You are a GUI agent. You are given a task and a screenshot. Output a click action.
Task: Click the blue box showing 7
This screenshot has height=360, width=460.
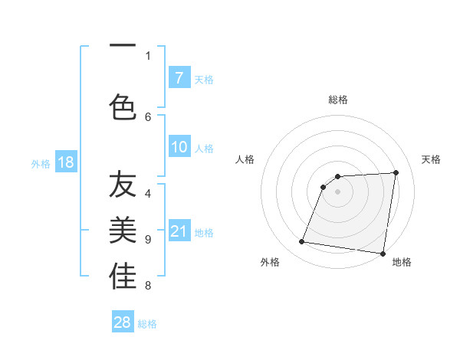point(179,78)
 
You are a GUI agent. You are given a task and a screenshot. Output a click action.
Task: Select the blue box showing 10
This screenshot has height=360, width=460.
point(179,148)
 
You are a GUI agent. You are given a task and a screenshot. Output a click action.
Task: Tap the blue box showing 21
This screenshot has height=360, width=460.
point(179,231)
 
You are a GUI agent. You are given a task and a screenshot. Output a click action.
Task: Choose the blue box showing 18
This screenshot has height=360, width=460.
point(65,162)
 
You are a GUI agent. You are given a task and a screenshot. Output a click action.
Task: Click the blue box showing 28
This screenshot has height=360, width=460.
point(123,322)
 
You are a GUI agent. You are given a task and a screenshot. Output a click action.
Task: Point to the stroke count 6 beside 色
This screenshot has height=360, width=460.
point(149,117)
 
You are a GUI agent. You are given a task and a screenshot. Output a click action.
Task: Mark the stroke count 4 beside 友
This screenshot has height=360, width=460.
point(149,194)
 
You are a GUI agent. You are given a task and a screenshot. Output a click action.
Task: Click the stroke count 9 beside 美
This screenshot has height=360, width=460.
point(149,240)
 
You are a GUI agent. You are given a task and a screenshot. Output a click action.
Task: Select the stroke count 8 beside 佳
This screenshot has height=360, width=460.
point(149,286)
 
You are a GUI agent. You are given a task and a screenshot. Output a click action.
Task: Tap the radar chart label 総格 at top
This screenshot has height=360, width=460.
point(337,100)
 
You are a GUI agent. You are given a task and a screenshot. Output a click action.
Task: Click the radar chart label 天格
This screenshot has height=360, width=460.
point(432,159)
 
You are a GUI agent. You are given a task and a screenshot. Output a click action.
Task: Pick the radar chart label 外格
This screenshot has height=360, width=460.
point(269,262)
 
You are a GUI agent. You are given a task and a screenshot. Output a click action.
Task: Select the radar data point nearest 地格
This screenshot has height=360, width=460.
point(383,254)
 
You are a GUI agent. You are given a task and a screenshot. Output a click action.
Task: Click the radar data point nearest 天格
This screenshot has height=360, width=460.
point(396,172)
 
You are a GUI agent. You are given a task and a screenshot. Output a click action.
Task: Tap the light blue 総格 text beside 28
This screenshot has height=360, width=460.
point(147,324)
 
